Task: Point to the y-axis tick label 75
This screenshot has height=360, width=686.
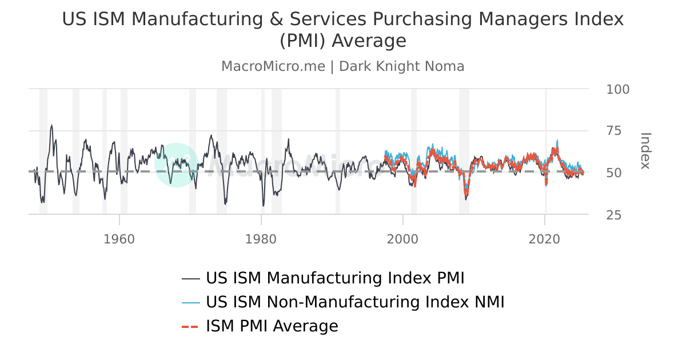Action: pos(613,131)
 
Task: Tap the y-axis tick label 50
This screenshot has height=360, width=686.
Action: pos(613,173)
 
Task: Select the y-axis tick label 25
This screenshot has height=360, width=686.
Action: pos(613,215)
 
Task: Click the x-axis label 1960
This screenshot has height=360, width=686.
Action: pos(119,238)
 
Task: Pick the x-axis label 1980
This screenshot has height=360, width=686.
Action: pos(261,238)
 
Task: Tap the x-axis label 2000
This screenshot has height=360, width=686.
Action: pos(403,238)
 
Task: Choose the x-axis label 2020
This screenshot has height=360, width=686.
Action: pos(545,238)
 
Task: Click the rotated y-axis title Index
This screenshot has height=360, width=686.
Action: pos(645,151)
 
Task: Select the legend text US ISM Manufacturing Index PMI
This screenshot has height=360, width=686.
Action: pos(335,278)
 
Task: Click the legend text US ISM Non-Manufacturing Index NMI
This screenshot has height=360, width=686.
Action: pos(355,302)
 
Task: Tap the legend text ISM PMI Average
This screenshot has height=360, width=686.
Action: pos(272,326)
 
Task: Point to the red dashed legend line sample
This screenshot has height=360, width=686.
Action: pos(190,327)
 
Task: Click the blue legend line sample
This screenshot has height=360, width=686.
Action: pos(190,302)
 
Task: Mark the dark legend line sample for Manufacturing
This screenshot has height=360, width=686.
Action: pos(190,279)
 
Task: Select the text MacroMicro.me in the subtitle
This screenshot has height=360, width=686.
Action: pos(273,66)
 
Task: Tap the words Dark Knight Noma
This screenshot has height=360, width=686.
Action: pos(401,66)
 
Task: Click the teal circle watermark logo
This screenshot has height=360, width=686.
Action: pos(176,165)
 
